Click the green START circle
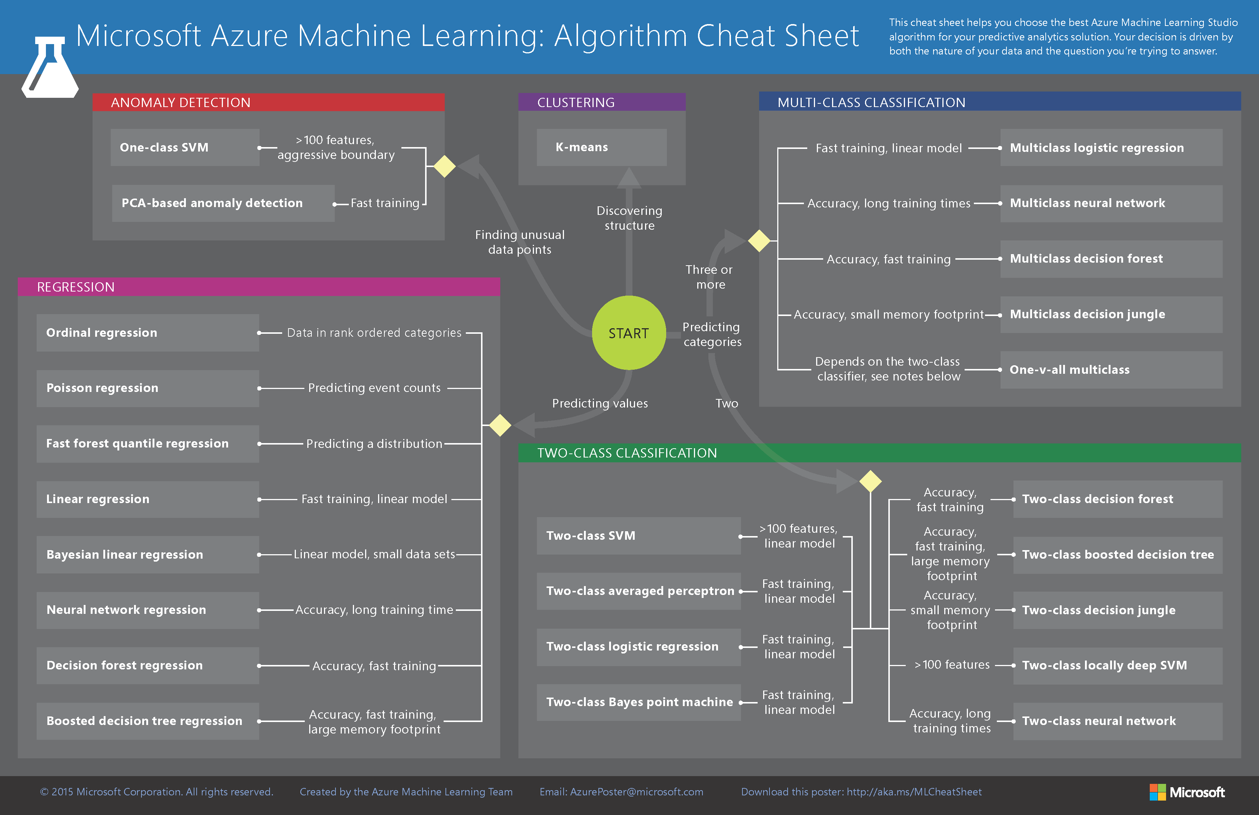[628, 333]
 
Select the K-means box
[601, 147]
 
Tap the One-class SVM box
[185, 147]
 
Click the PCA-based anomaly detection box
[223, 203]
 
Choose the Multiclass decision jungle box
[1111, 315]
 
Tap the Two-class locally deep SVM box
[1117, 666]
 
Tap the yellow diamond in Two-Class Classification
[870, 481]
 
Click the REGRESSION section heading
[76, 287]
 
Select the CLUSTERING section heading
[576, 103]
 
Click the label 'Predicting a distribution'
[374, 443]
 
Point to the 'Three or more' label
[709, 277]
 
